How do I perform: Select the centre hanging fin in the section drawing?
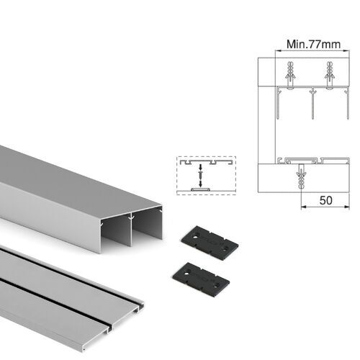[311, 104]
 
